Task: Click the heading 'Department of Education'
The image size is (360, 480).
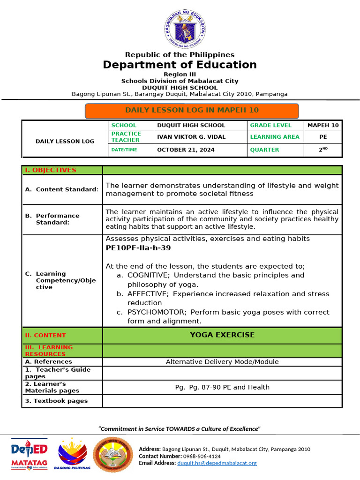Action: click(x=180, y=65)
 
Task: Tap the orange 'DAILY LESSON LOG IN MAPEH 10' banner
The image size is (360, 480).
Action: click(x=192, y=111)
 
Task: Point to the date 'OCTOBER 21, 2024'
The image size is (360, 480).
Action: click(x=186, y=150)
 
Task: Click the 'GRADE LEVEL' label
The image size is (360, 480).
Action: click(x=270, y=125)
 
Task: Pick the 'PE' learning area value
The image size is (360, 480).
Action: click(x=322, y=137)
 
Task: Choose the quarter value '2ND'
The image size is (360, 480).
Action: click(x=322, y=150)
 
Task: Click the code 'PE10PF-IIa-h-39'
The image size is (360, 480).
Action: click(x=135, y=248)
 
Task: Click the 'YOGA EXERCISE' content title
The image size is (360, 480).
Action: click(x=222, y=335)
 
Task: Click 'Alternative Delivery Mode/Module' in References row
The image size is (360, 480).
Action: click(x=222, y=362)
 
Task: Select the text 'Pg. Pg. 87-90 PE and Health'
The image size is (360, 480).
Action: click(x=222, y=387)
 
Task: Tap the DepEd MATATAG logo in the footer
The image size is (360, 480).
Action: click(x=29, y=453)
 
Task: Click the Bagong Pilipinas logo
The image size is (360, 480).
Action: click(x=72, y=454)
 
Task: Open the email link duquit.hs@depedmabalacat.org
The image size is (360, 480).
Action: click(x=217, y=463)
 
